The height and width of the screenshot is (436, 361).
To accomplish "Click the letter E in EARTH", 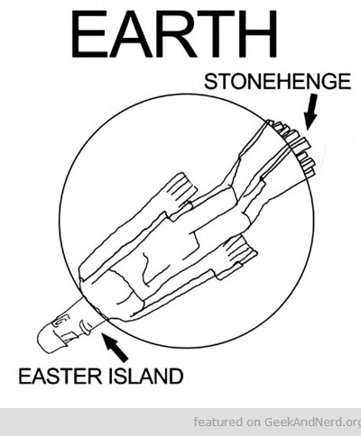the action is (89, 34).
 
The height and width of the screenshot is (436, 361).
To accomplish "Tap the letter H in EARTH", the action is (257, 34).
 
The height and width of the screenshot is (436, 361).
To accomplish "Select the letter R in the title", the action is (176, 34).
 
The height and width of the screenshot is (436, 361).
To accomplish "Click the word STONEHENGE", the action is (277, 81).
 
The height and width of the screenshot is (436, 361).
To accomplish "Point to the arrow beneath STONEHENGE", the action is (310, 112).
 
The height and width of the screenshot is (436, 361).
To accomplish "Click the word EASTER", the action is (60, 376).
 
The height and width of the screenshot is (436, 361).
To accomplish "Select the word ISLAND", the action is (145, 376).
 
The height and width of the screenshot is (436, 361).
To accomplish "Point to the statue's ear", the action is (60, 322).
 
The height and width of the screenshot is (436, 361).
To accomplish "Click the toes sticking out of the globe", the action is (293, 147).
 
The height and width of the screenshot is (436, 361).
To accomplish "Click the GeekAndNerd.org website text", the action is (312, 422).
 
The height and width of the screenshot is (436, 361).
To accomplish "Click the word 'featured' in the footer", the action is (218, 422).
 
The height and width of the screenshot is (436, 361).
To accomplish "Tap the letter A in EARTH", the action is (133, 34).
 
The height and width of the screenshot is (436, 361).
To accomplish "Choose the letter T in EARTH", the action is (216, 34).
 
